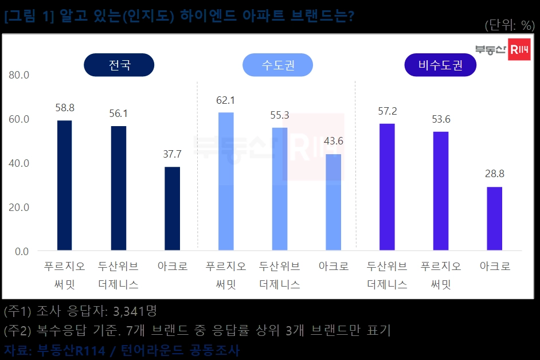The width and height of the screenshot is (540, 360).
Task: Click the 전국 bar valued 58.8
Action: (x=65, y=185)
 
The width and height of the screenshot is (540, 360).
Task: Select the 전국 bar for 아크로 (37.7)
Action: (x=173, y=209)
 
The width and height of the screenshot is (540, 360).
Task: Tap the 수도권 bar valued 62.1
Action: (x=226, y=181)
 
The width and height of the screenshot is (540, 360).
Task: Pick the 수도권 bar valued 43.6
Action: (x=334, y=202)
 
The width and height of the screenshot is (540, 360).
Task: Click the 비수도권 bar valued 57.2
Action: (x=387, y=187)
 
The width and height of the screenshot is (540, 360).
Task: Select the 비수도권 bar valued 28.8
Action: (x=495, y=218)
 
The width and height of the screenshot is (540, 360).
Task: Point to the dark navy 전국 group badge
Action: (x=119, y=65)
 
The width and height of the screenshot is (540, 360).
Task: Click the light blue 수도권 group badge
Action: (x=278, y=65)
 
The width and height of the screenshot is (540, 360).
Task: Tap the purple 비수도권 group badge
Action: (x=440, y=65)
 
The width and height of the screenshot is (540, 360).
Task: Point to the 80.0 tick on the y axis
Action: (x=19, y=75)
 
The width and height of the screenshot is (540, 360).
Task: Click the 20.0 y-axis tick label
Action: (x=19, y=207)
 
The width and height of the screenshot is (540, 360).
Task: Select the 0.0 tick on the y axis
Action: (x=22, y=251)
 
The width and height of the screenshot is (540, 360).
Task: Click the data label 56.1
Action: (x=119, y=114)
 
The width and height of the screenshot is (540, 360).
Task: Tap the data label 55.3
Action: (x=280, y=115)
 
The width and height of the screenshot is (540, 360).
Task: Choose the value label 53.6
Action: (x=441, y=119)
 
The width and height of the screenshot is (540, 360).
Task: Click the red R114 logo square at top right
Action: (x=519, y=50)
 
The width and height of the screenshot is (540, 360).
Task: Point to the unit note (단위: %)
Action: (x=509, y=25)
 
